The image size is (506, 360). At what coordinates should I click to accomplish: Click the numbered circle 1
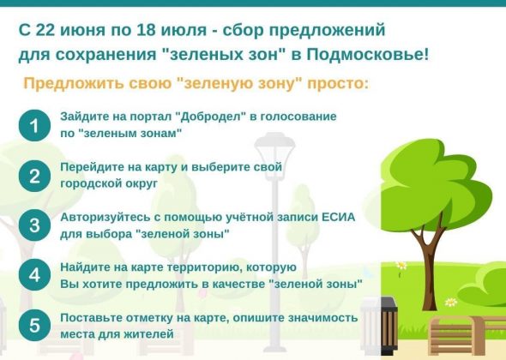[34, 125]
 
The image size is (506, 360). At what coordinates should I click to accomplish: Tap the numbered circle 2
[34, 176]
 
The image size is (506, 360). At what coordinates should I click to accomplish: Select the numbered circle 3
[34, 225]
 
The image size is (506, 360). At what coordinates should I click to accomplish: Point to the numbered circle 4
[34, 275]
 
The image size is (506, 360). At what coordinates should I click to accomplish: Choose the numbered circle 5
[34, 325]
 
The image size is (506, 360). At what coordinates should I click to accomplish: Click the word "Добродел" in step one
[211, 117]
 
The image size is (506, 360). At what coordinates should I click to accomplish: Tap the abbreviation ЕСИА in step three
[339, 217]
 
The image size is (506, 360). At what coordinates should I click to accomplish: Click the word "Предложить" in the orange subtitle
[74, 83]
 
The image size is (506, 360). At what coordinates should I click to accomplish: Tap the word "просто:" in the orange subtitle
[338, 84]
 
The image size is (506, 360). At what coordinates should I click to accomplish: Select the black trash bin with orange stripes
[389, 326]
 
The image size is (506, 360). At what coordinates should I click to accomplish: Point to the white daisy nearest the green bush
[451, 303]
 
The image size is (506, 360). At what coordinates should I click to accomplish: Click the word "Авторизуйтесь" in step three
[105, 218]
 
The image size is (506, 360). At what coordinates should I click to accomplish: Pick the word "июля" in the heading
[184, 31]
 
